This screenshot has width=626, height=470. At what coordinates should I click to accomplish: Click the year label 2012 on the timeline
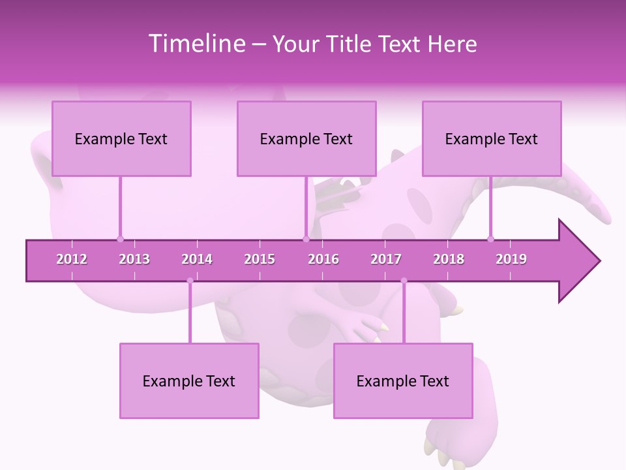click(72, 259)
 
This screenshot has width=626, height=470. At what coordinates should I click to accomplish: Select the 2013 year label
click(134, 259)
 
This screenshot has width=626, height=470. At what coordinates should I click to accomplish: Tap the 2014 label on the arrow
click(197, 259)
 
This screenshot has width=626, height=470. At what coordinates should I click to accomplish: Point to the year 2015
click(260, 259)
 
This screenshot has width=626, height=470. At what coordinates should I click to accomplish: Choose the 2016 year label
click(323, 259)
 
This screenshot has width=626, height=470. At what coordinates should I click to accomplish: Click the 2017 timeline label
click(386, 259)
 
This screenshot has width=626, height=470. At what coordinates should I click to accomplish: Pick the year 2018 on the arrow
click(449, 259)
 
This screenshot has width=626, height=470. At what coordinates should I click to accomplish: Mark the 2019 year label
click(511, 259)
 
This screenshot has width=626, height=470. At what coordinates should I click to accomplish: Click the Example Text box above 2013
click(121, 138)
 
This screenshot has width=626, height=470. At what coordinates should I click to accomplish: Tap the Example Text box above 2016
click(306, 138)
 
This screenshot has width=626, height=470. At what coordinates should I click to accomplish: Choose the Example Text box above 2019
click(492, 138)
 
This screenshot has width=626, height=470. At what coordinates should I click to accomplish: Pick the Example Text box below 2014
click(189, 381)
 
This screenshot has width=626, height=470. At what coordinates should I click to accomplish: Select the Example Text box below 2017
click(403, 381)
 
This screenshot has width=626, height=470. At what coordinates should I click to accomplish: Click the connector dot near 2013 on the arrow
click(120, 239)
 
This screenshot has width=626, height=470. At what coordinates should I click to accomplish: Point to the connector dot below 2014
click(190, 281)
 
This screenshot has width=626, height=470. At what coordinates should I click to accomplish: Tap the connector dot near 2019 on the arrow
click(490, 239)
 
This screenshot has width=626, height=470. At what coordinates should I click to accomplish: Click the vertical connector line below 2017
click(404, 313)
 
